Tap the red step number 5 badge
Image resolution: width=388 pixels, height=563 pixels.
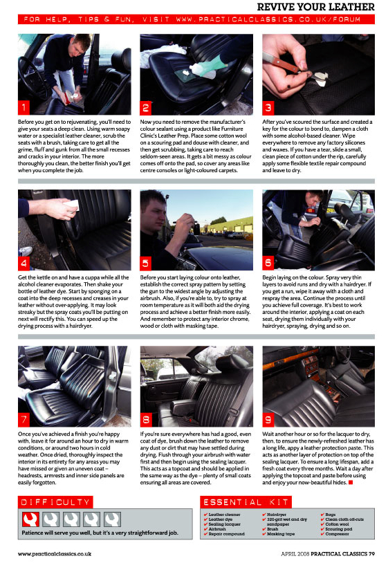pos(147,263)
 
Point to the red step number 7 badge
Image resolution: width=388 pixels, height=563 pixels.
pos(24,419)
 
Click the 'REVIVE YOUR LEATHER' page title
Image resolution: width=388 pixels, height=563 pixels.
pos(315,7)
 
